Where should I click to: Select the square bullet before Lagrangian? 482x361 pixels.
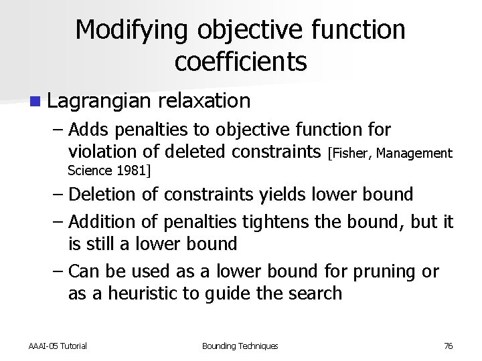(x=33, y=102)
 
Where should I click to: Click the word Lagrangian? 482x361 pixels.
(x=100, y=102)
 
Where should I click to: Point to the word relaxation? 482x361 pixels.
(x=205, y=101)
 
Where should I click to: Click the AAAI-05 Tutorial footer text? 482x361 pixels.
(x=58, y=346)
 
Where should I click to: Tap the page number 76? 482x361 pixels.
(x=449, y=346)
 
